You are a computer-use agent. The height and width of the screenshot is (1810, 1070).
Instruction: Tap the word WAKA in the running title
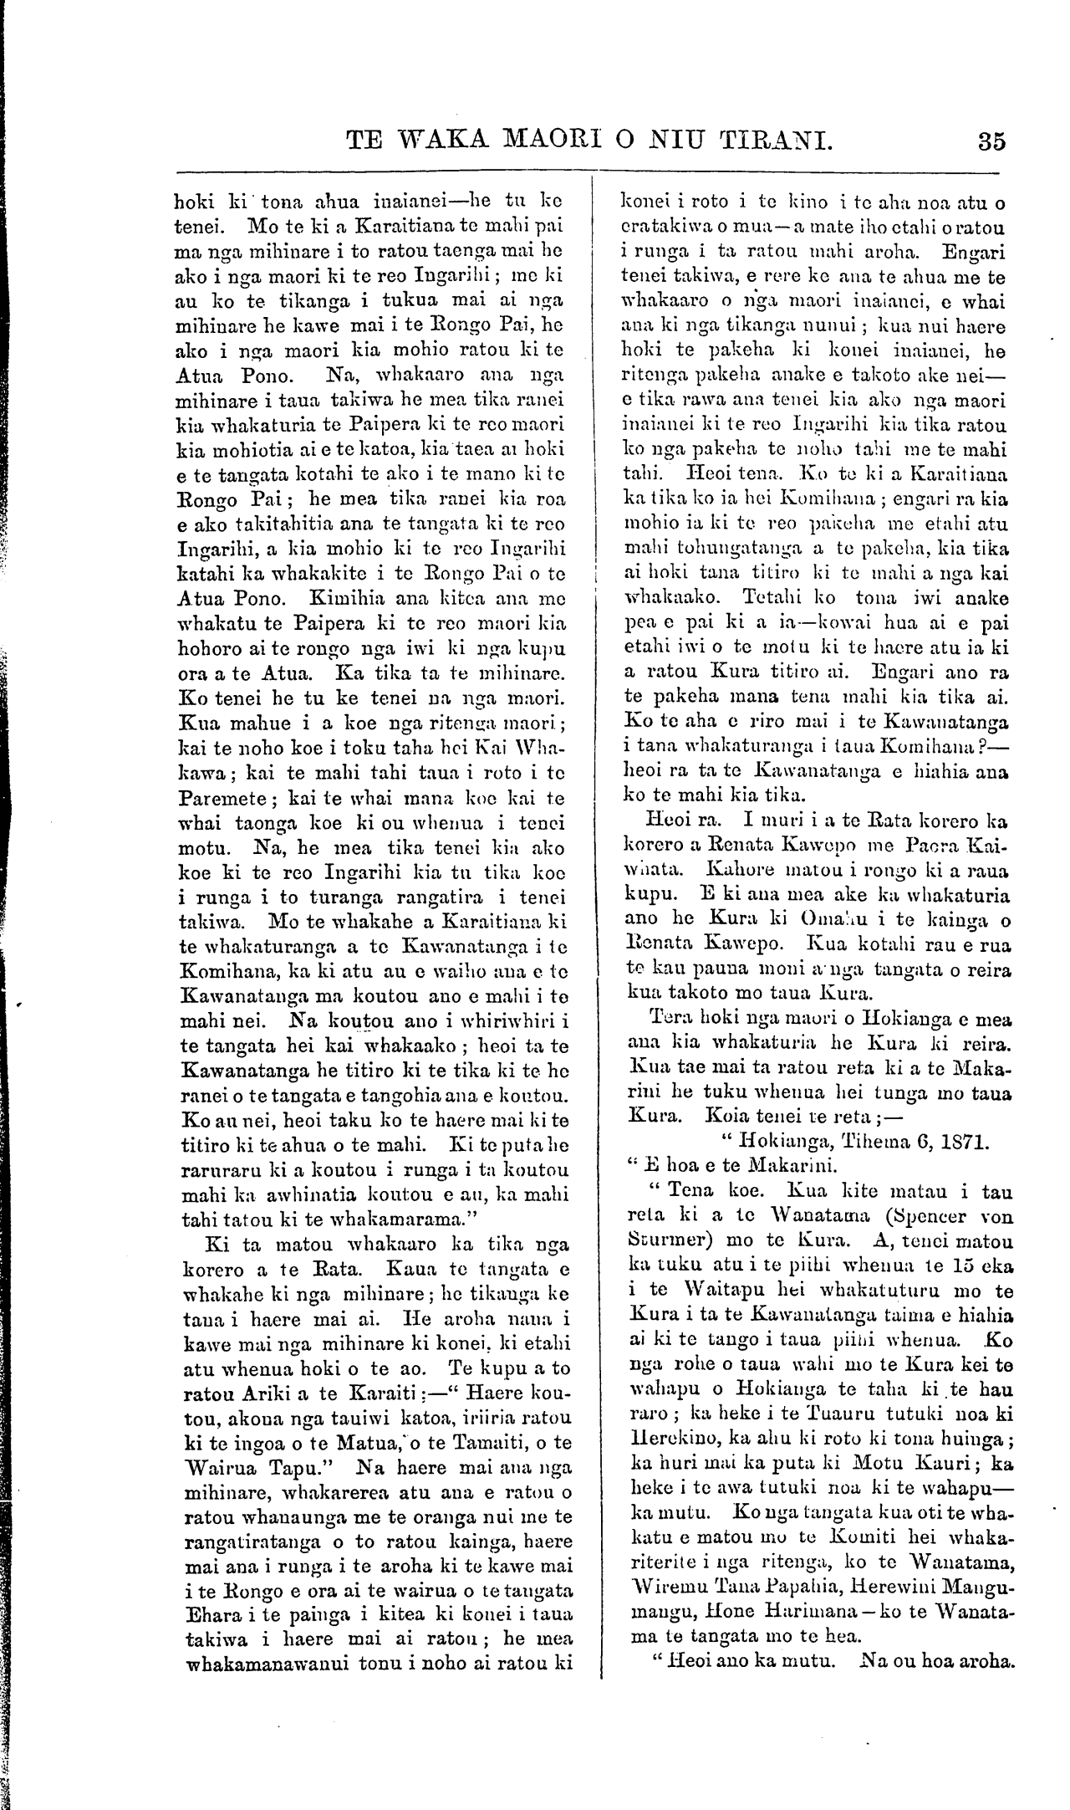coord(456,140)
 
